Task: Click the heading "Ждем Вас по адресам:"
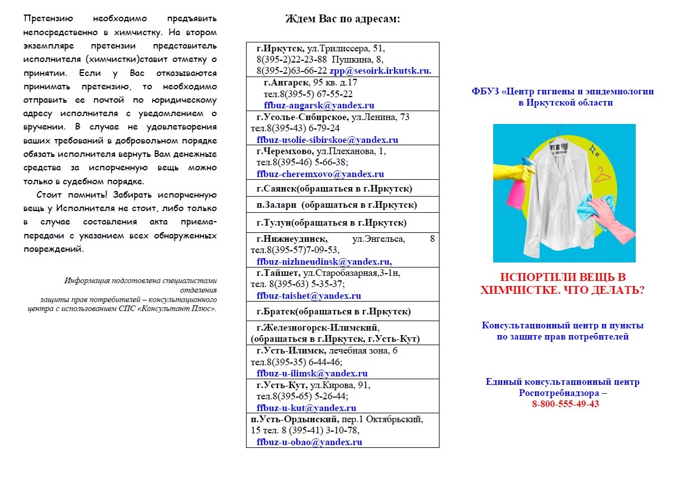pos(342,18)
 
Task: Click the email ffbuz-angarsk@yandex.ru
pos(319,105)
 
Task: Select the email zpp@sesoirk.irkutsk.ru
pos(380,71)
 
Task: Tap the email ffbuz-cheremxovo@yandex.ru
pos(320,174)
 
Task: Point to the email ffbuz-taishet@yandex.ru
pos(309,295)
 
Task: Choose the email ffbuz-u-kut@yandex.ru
pos(306,408)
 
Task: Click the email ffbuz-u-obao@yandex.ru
pos(309,442)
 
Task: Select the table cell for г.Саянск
pos(342,188)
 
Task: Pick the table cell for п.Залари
pos(342,205)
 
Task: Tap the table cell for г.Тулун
pos(342,223)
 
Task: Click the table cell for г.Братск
pos(342,311)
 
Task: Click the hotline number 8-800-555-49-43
pos(565,404)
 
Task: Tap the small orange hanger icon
pos(602,174)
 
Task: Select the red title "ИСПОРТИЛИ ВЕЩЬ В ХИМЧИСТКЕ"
pos(563,284)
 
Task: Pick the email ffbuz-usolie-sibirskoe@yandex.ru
pos(327,140)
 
